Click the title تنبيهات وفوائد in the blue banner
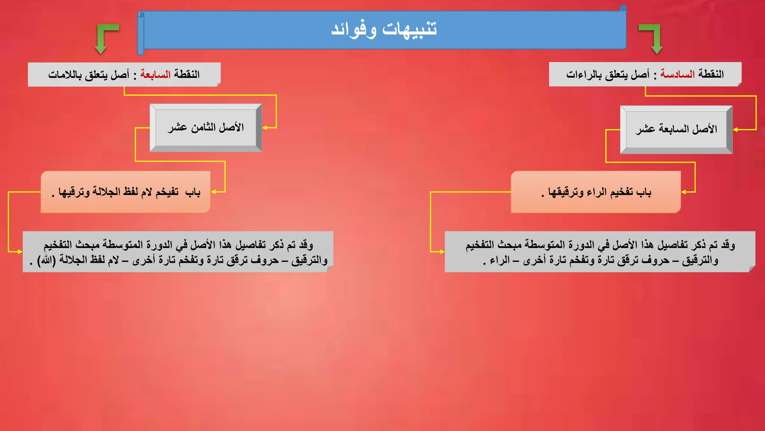pos(384,29)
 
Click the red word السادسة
pos(677,74)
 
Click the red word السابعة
pos(155,74)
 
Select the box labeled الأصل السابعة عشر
pos(676,129)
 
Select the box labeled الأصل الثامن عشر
pos(205,128)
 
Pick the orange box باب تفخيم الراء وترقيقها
pos(595,192)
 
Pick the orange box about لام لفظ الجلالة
pos(126,192)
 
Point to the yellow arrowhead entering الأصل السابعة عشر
pos(735,130)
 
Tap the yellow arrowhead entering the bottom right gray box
pos(442,252)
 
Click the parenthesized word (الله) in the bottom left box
pos(46,260)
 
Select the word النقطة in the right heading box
pos(711,74)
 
